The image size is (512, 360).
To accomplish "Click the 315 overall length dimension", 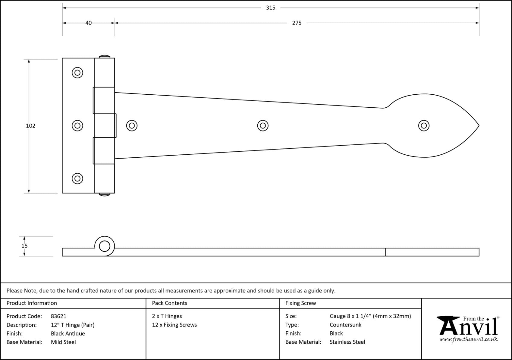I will (x=270, y=8).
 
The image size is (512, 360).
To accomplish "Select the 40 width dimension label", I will (x=88, y=23).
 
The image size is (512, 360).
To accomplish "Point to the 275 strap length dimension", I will (x=297, y=23).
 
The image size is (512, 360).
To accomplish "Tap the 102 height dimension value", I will (x=30, y=126).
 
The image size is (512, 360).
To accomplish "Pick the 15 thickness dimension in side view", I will (x=24, y=246).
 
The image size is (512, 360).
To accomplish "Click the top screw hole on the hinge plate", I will (x=77, y=73).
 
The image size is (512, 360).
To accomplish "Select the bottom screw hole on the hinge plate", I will (x=77, y=178).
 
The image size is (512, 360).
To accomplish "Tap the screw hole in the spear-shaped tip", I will (x=424, y=126).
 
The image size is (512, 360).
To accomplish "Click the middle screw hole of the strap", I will (x=263, y=126).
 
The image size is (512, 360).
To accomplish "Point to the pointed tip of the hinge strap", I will (x=478, y=126).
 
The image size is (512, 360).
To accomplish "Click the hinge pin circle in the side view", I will (x=105, y=246).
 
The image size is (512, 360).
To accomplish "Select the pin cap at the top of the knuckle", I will (x=105, y=56).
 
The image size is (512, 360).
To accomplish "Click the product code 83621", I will (x=58, y=316).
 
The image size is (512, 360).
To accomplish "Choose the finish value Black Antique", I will (x=68, y=333).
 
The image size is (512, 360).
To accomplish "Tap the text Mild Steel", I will (x=63, y=342).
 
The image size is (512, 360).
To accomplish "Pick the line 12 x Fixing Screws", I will (x=174, y=325).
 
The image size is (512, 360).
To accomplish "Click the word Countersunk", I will (x=345, y=325).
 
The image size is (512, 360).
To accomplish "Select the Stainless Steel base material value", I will (x=347, y=342).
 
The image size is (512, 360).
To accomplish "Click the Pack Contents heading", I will (x=169, y=303).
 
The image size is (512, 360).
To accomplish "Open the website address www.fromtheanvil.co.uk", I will (x=468, y=339).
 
